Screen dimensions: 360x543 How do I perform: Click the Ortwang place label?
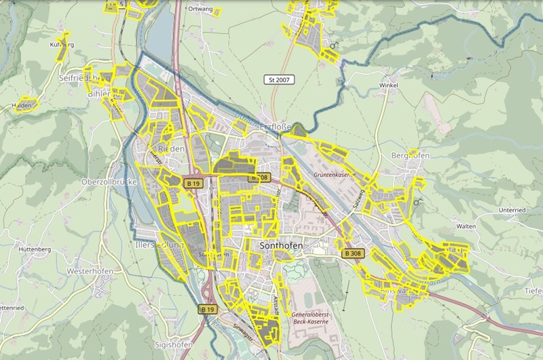[x=200, y=9]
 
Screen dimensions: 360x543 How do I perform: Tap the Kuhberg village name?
[x=61, y=45]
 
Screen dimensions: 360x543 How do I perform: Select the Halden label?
[x=22, y=105]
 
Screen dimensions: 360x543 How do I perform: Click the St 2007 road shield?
[x=280, y=80]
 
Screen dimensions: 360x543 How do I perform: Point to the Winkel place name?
[x=388, y=86]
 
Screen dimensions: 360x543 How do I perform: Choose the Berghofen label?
[x=411, y=156]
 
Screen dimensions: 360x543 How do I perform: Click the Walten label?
[x=466, y=225]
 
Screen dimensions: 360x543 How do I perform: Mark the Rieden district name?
[x=170, y=148]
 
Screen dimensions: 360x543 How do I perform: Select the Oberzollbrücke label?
[x=109, y=182]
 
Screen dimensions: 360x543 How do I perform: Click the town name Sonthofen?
[x=280, y=245]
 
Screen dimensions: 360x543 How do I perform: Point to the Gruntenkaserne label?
[x=335, y=175]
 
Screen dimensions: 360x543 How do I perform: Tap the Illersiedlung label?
[x=160, y=245]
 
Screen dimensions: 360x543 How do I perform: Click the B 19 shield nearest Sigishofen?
[x=208, y=309]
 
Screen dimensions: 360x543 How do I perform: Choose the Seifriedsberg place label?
[x=85, y=78]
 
